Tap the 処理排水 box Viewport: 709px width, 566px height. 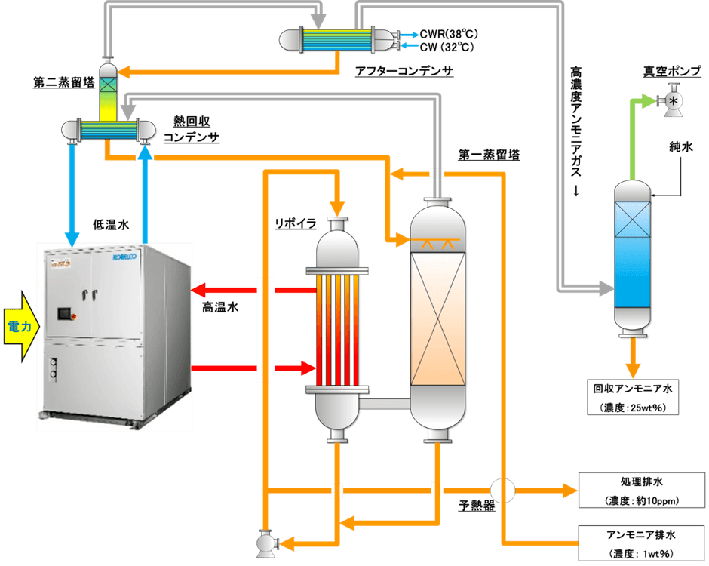coord(643,490)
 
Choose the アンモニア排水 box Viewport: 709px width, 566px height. coord(643,543)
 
